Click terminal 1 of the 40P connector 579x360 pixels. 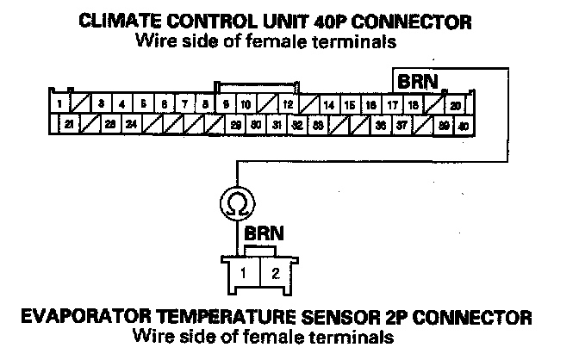pos(58,104)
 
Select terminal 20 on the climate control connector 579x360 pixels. pos(455,105)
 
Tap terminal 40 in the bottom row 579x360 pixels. pos(464,125)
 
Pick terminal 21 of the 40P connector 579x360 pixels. pos(70,125)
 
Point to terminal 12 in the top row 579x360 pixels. pos(289,105)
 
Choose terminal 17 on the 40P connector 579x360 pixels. pos(393,105)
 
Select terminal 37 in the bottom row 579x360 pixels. pos(402,125)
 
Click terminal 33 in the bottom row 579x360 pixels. pos(318,125)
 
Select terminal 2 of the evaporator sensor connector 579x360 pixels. pos(275,274)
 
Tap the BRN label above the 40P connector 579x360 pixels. pos(416,82)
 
